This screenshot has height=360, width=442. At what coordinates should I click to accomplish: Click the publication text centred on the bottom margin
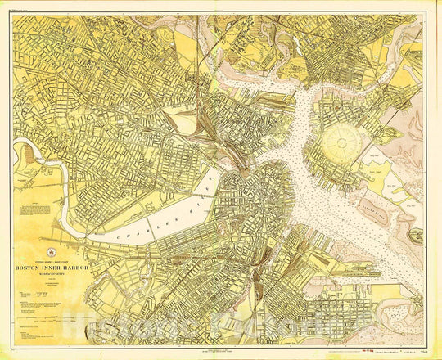tap(221, 349)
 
